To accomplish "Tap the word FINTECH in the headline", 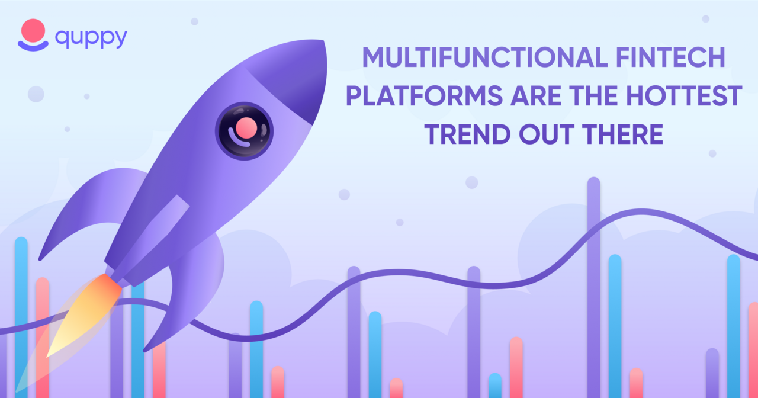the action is coord(670,57).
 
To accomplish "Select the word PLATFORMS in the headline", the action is coord(425,96).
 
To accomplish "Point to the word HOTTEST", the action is coord(684,96).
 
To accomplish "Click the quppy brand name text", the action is coord(91,38).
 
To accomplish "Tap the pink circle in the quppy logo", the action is coord(33,30).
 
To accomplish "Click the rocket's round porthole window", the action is coord(244,131).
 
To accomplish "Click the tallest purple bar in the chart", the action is coord(594,288).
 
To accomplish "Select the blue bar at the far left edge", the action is coord(21,317).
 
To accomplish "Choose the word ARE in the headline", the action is coord(536,96).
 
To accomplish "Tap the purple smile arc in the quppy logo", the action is coord(33,46).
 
